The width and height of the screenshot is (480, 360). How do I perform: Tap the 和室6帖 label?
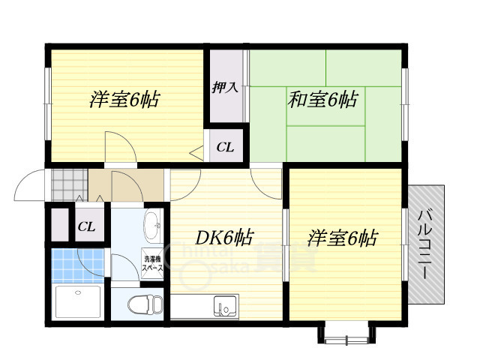point(322,98)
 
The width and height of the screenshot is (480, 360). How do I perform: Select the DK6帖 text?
point(224,238)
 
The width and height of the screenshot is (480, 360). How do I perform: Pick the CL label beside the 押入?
point(225,147)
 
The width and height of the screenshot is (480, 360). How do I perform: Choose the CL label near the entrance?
point(86,226)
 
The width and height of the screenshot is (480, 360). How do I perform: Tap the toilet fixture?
point(143,306)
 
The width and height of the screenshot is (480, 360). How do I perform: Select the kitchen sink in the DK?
point(224,306)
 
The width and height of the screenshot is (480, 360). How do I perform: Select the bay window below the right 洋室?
point(346,332)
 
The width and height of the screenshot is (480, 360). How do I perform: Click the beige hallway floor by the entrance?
point(127,184)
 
